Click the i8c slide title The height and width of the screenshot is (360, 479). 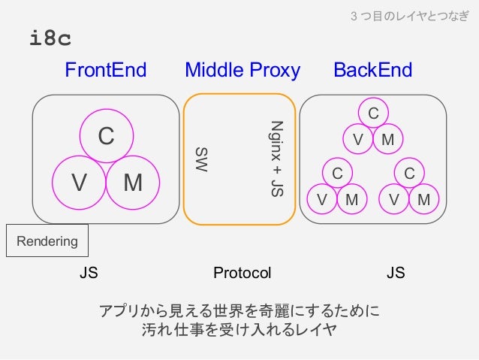point(50,38)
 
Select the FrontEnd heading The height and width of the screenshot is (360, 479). point(105,71)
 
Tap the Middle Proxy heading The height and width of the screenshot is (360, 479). point(242,71)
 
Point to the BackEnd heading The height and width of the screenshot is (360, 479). point(372,71)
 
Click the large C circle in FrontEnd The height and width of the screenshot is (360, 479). point(107,136)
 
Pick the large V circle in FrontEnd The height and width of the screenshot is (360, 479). point(79,181)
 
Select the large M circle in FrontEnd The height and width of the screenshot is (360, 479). point(133,181)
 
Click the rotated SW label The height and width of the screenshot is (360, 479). point(200,159)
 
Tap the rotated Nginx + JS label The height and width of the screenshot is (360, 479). point(276,159)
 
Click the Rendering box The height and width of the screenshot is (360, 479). point(47,242)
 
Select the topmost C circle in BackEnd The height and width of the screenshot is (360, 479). point(372,113)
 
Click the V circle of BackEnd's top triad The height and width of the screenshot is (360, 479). point(358,140)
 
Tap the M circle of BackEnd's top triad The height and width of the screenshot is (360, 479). point(387,140)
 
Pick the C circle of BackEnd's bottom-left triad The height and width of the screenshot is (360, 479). point(337,173)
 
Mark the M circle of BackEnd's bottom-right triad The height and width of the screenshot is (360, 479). point(423,200)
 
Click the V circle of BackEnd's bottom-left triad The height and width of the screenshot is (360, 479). point(322,200)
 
